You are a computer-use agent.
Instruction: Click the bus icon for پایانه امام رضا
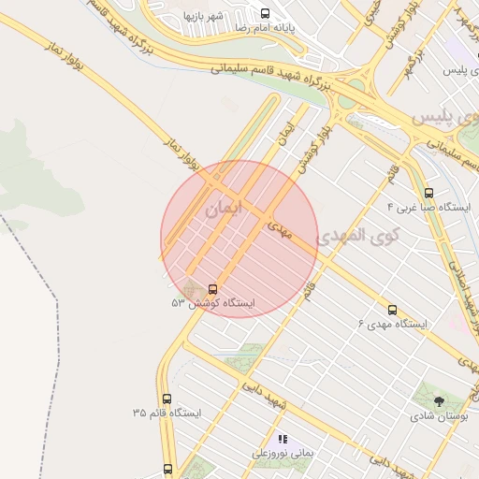(265, 14)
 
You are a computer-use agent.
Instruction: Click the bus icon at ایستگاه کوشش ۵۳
(212, 290)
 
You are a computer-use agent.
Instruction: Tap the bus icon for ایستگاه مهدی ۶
(392, 310)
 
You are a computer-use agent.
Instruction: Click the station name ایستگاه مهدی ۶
(392, 324)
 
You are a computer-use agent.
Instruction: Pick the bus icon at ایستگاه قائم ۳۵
(167, 399)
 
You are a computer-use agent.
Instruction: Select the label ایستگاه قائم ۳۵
(167, 413)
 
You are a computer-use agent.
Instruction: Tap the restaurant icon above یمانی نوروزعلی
(283, 439)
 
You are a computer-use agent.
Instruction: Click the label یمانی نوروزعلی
(282, 453)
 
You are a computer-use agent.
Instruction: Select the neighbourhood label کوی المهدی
(356, 236)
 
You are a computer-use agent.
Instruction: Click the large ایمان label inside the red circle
(223, 209)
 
